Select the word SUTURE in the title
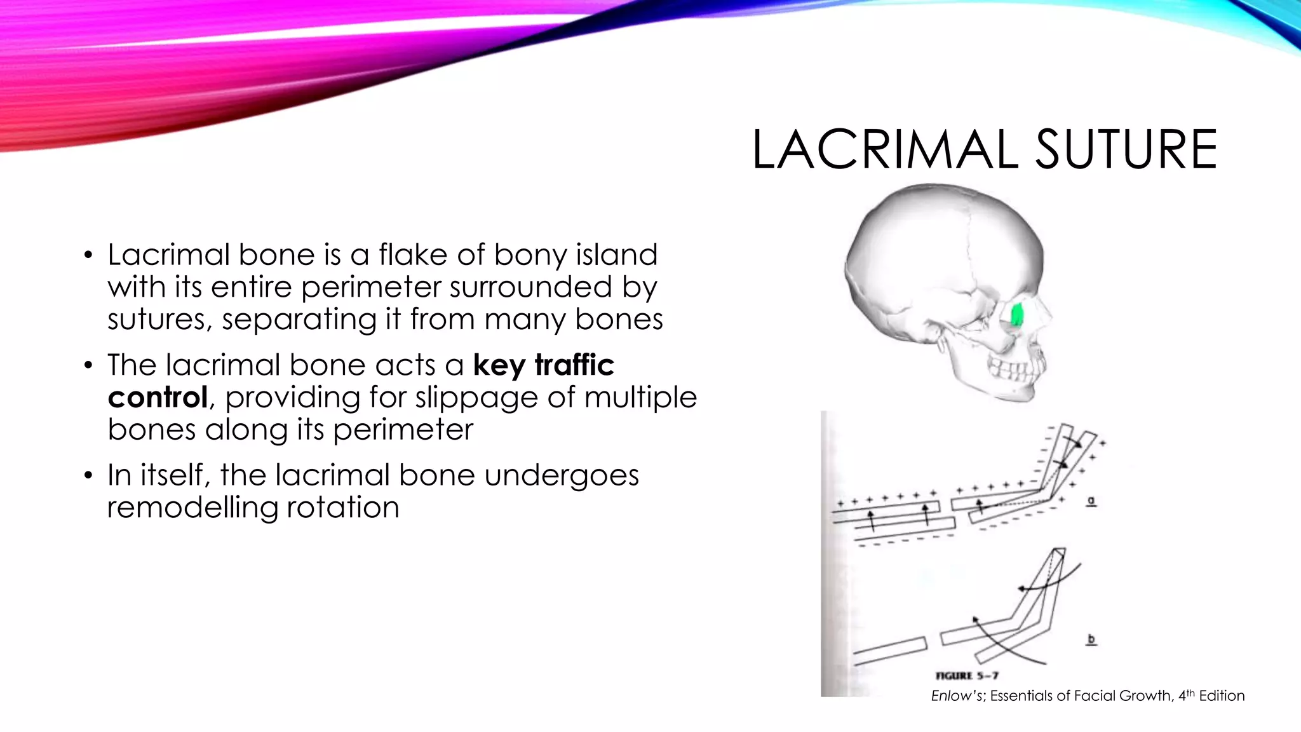point(1126,150)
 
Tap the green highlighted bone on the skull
point(1016,315)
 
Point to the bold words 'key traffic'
point(544,365)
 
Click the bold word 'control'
point(158,398)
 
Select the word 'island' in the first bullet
point(616,255)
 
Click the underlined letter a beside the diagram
point(1091,501)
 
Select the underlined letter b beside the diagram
point(1091,639)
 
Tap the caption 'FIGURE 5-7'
point(967,676)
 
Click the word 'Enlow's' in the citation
point(958,696)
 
